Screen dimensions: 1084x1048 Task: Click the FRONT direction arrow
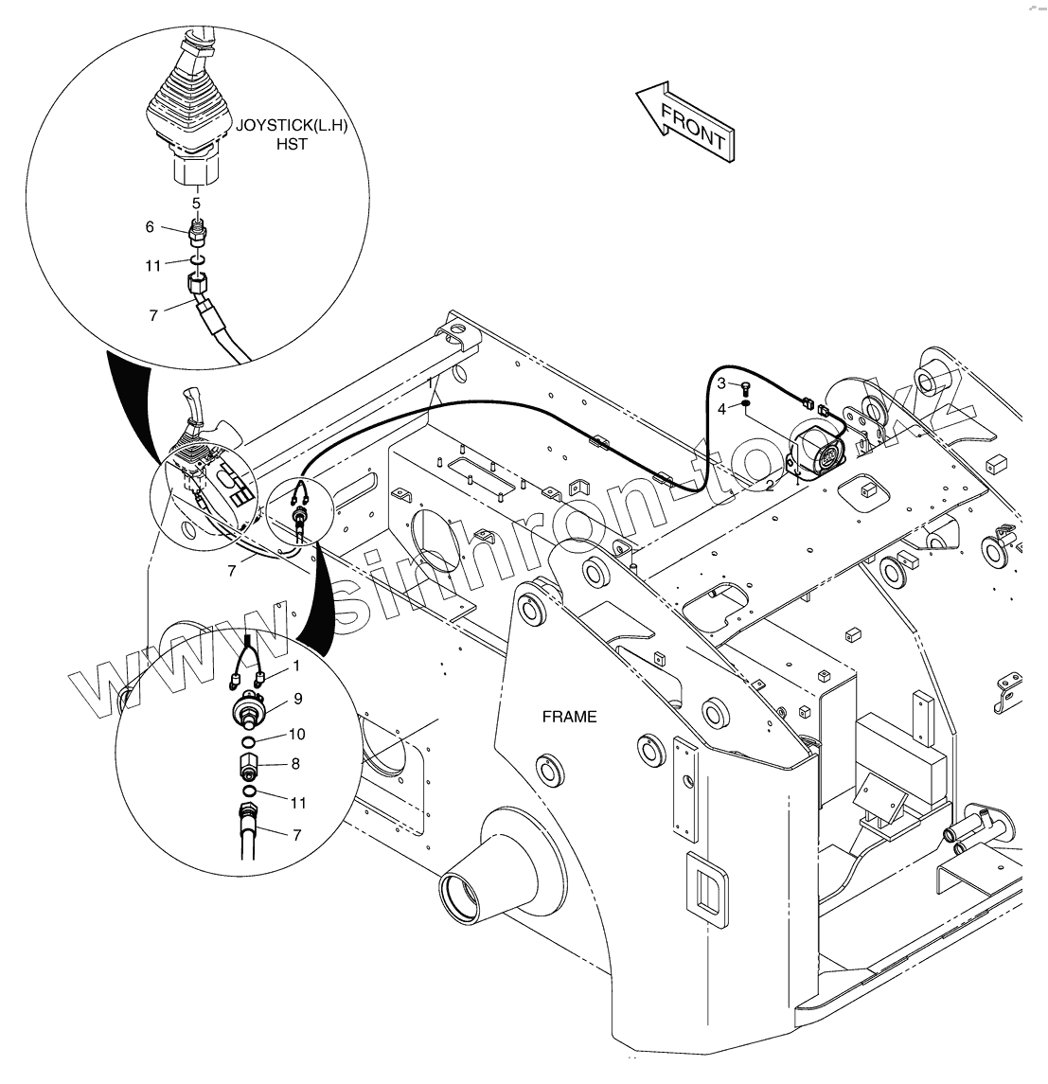(684, 120)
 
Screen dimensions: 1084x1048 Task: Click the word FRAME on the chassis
(569, 717)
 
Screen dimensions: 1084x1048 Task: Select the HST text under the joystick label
(292, 145)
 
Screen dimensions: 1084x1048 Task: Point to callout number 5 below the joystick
(196, 203)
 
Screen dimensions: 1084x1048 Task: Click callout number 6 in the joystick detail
(149, 227)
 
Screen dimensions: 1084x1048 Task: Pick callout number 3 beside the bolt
(720, 383)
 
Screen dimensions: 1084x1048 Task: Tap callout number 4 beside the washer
(720, 409)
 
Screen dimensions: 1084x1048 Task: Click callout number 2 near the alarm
(770, 485)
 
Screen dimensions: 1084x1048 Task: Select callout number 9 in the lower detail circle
(297, 699)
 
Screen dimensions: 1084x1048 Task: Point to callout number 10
(297, 734)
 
